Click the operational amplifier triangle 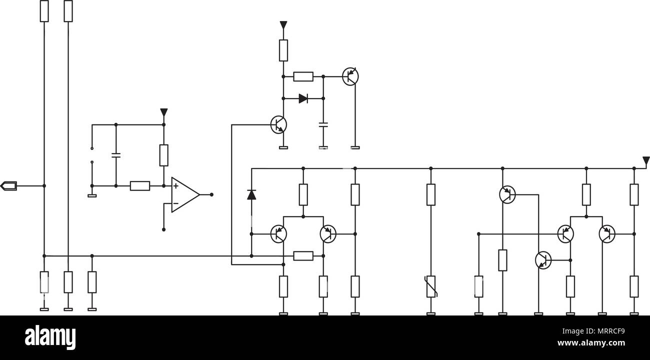pyautogui.click(x=185, y=194)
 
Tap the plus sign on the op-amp pyautogui.click(x=176, y=185)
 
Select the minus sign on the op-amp pyautogui.click(x=176, y=203)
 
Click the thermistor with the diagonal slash pyautogui.click(x=431, y=286)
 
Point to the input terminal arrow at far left pyautogui.click(x=8, y=186)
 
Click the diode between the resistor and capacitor pyautogui.click(x=303, y=98)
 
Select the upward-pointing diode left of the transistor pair pyautogui.click(x=251, y=194)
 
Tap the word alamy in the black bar pyautogui.click(x=50, y=337)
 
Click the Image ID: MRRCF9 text pyautogui.click(x=593, y=331)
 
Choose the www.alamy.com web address pyautogui.click(x=591, y=343)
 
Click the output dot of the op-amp pyautogui.click(x=211, y=194)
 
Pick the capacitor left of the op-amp pyautogui.click(x=116, y=155)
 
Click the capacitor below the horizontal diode pyautogui.click(x=323, y=124)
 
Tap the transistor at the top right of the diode pyautogui.click(x=350, y=76)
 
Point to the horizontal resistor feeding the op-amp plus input pyautogui.click(x=140, y=186)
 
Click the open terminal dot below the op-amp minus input pyautogui.click(x=163, y=230)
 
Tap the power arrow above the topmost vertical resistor pyautogui.click(x=283, y=25)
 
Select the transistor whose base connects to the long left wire pyautogui.click(x=278, y=124)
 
